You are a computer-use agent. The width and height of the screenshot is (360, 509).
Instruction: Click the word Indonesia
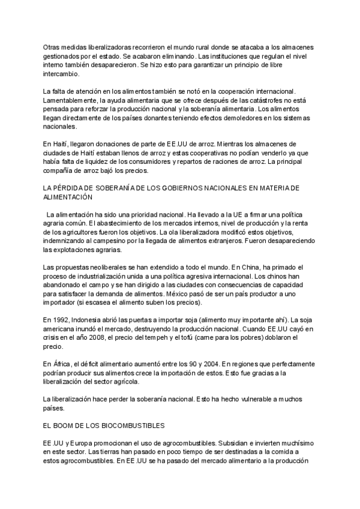pos(90,320)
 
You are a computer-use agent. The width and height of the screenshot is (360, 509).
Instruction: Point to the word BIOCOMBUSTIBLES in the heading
pos(134,426)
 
